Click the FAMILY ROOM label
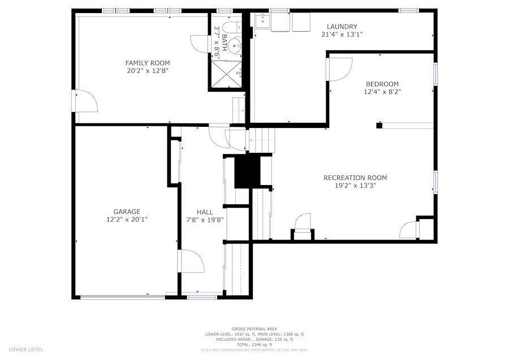147,63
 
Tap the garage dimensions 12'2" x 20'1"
127,219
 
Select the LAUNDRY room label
342,27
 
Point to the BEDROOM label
382,83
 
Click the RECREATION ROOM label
355,178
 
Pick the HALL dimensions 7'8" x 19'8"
205,220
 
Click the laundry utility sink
261,22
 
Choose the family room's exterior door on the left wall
85,101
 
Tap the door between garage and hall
191,262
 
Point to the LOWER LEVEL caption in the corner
26,349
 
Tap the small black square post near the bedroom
379,125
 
